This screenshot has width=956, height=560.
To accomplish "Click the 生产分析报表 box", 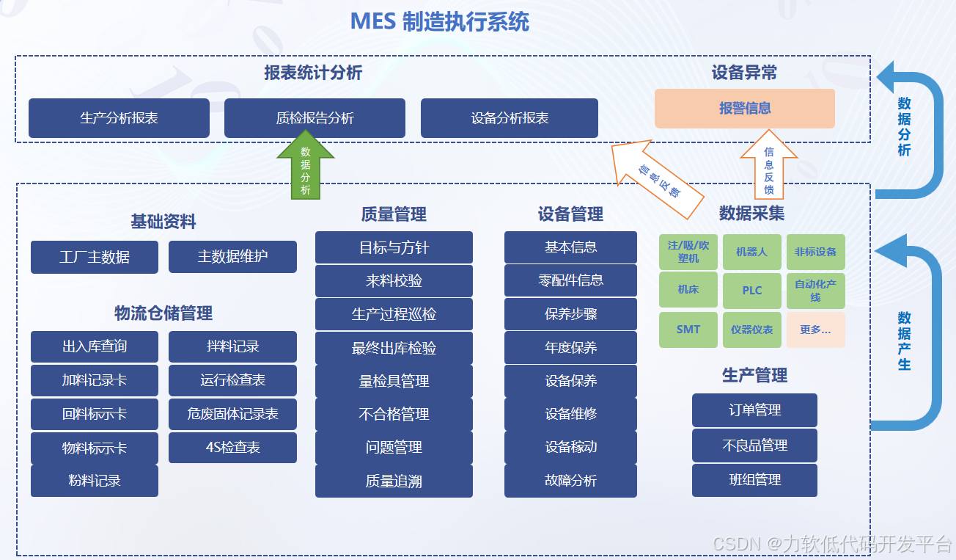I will (x=119, y=118).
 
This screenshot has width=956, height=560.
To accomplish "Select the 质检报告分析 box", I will (x=315, y=118).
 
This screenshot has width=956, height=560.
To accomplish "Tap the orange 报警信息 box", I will (x=744, y=109).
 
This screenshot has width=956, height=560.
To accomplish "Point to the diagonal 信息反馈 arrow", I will (x=654, y=178).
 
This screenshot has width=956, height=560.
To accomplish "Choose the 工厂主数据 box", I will (x=94, y=257).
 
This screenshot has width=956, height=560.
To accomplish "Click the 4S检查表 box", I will (x=232, y=448).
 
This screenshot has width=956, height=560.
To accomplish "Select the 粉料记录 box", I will (x=94, y=481).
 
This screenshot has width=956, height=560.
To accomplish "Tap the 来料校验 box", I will (x=394, y=281).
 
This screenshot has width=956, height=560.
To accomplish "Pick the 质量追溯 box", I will (x=394, y=481).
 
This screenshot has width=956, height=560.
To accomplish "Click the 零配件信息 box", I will (x=570, y=280).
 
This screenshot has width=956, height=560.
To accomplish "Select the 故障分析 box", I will (x=570, y=481).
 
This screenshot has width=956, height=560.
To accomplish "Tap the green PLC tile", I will (x=751, y=291).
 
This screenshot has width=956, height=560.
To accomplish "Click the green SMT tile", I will (x=688, y=330).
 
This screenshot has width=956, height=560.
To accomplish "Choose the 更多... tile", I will (x=815, y=330).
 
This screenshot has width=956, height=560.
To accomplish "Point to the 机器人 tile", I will (x=751, y=252).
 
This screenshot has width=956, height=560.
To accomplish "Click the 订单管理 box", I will (x=754, y=410).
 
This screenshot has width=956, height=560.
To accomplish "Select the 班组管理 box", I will (x=754, y=480).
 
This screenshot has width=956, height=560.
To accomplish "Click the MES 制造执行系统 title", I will (x=439, y=21).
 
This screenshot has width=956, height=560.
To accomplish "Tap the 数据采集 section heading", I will (x=751, y=213).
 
